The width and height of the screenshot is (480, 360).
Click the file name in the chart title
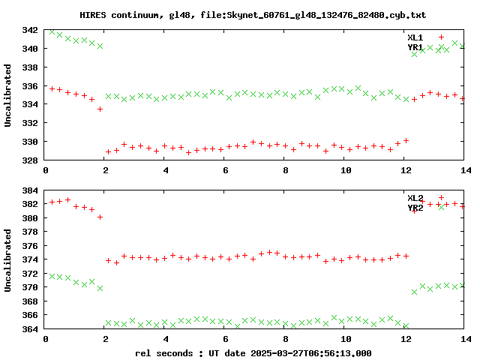pos(308,15)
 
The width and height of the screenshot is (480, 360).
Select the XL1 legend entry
pos(415,37)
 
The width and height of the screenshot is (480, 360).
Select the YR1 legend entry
pos(415,47)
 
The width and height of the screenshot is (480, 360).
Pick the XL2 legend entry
pos(415,198)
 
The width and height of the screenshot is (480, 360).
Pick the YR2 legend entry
pos(415,208)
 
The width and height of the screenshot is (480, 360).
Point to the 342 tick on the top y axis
pos(31,30)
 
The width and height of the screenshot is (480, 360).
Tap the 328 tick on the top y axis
pos(31,160)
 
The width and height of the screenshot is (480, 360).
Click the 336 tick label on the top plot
pos(31,85)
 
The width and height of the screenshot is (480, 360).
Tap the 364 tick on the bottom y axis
pos(31,329)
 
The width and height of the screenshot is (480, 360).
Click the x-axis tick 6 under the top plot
pos(225,170)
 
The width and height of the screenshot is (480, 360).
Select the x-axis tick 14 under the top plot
pos(463,170)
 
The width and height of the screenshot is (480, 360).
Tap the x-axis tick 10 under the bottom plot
pos(344,340)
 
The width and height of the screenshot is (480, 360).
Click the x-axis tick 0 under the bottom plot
pos(46,340)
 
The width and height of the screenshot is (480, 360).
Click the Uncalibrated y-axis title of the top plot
pos(9,95)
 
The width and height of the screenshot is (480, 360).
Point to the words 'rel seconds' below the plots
pos(164,352)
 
